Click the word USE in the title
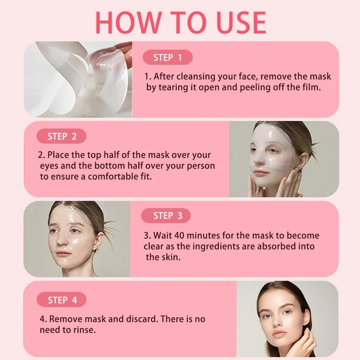click(x=241, y=22)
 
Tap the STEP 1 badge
click(x=168, y=57)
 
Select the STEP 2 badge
click(x=62, y=136)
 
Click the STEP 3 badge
click(x=166, y=216)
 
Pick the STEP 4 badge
click(x=62, y=300)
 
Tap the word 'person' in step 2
click(x=201, y=166)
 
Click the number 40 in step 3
click(x=179, y=235)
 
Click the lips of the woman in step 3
click(x=62, y=254)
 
